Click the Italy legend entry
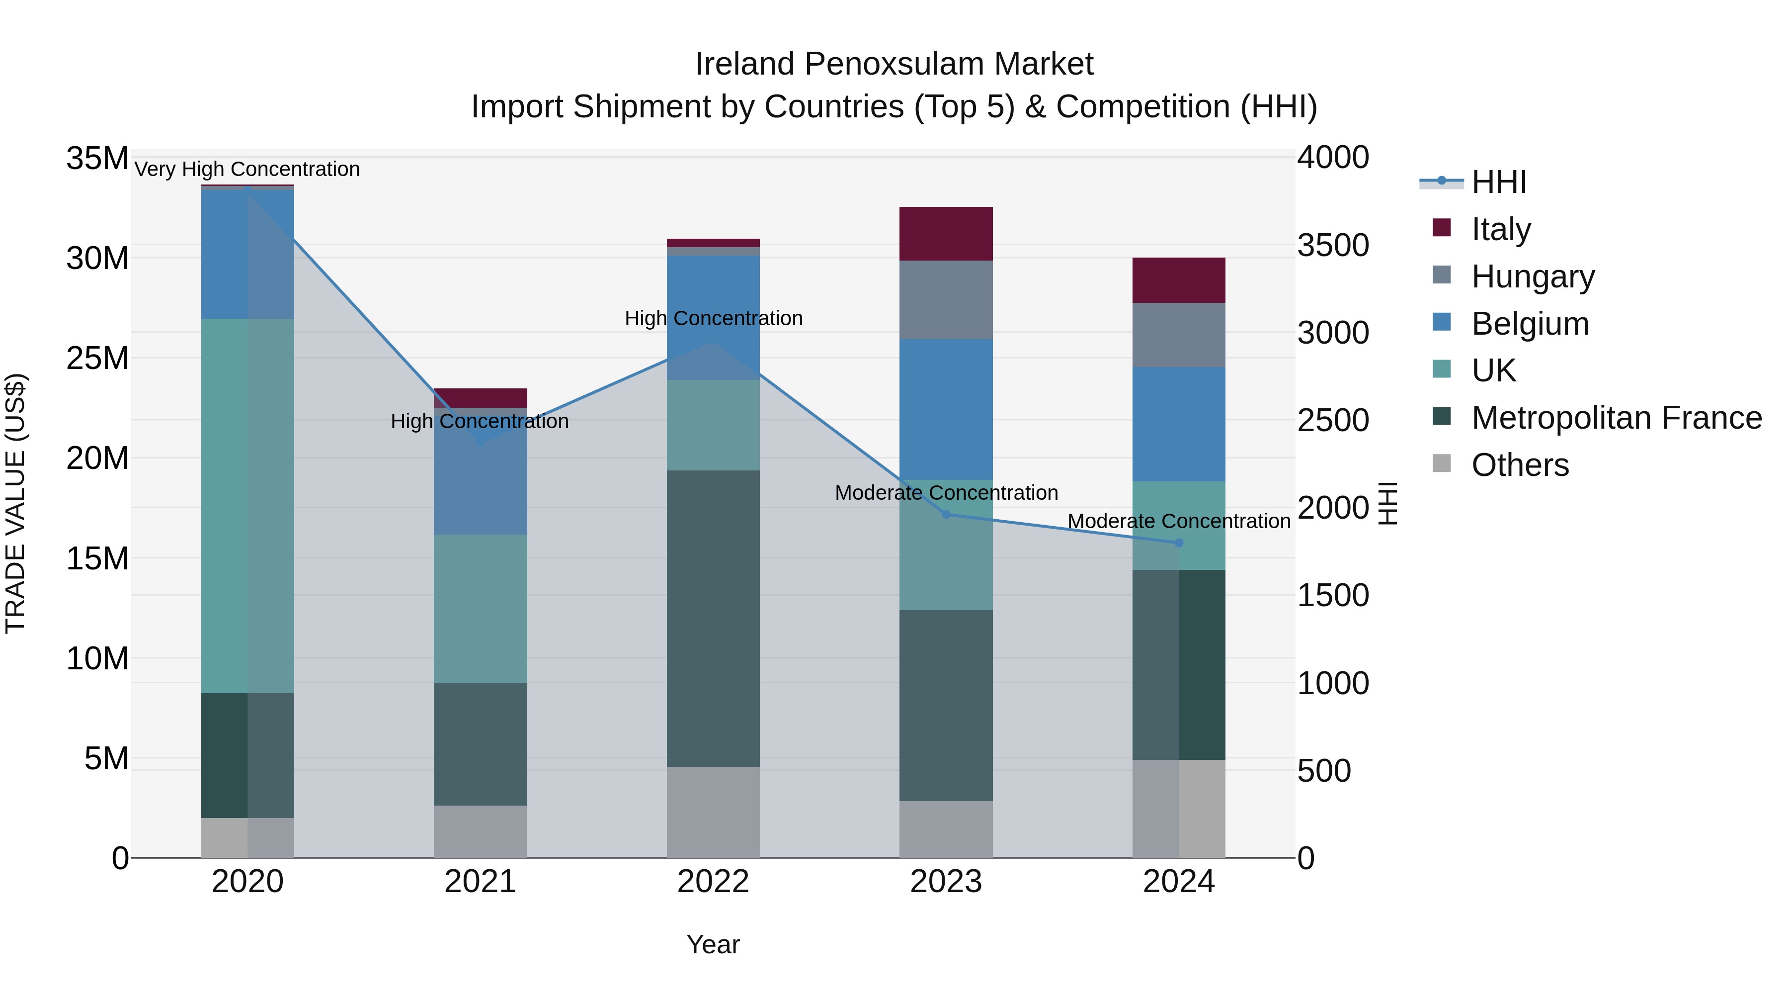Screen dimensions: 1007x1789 click(1500, 229)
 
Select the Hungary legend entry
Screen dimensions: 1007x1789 click(1532, 276)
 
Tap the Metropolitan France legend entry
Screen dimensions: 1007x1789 click(1616, 418)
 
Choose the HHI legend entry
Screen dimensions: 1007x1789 click(1498, 182)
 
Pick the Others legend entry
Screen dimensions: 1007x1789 click(1520, 465)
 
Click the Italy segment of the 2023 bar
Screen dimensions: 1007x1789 click(945, 234)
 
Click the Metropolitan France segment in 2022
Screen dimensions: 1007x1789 click(713, 619)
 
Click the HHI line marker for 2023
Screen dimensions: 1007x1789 click(945, 514)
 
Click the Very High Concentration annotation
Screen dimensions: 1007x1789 click(247, 169)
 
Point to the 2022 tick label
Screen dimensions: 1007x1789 click(713, 882)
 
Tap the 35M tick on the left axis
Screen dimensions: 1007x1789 click(97, 159)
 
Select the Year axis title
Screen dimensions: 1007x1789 click(713, 944)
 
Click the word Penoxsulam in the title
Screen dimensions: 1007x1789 click(894, 64)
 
